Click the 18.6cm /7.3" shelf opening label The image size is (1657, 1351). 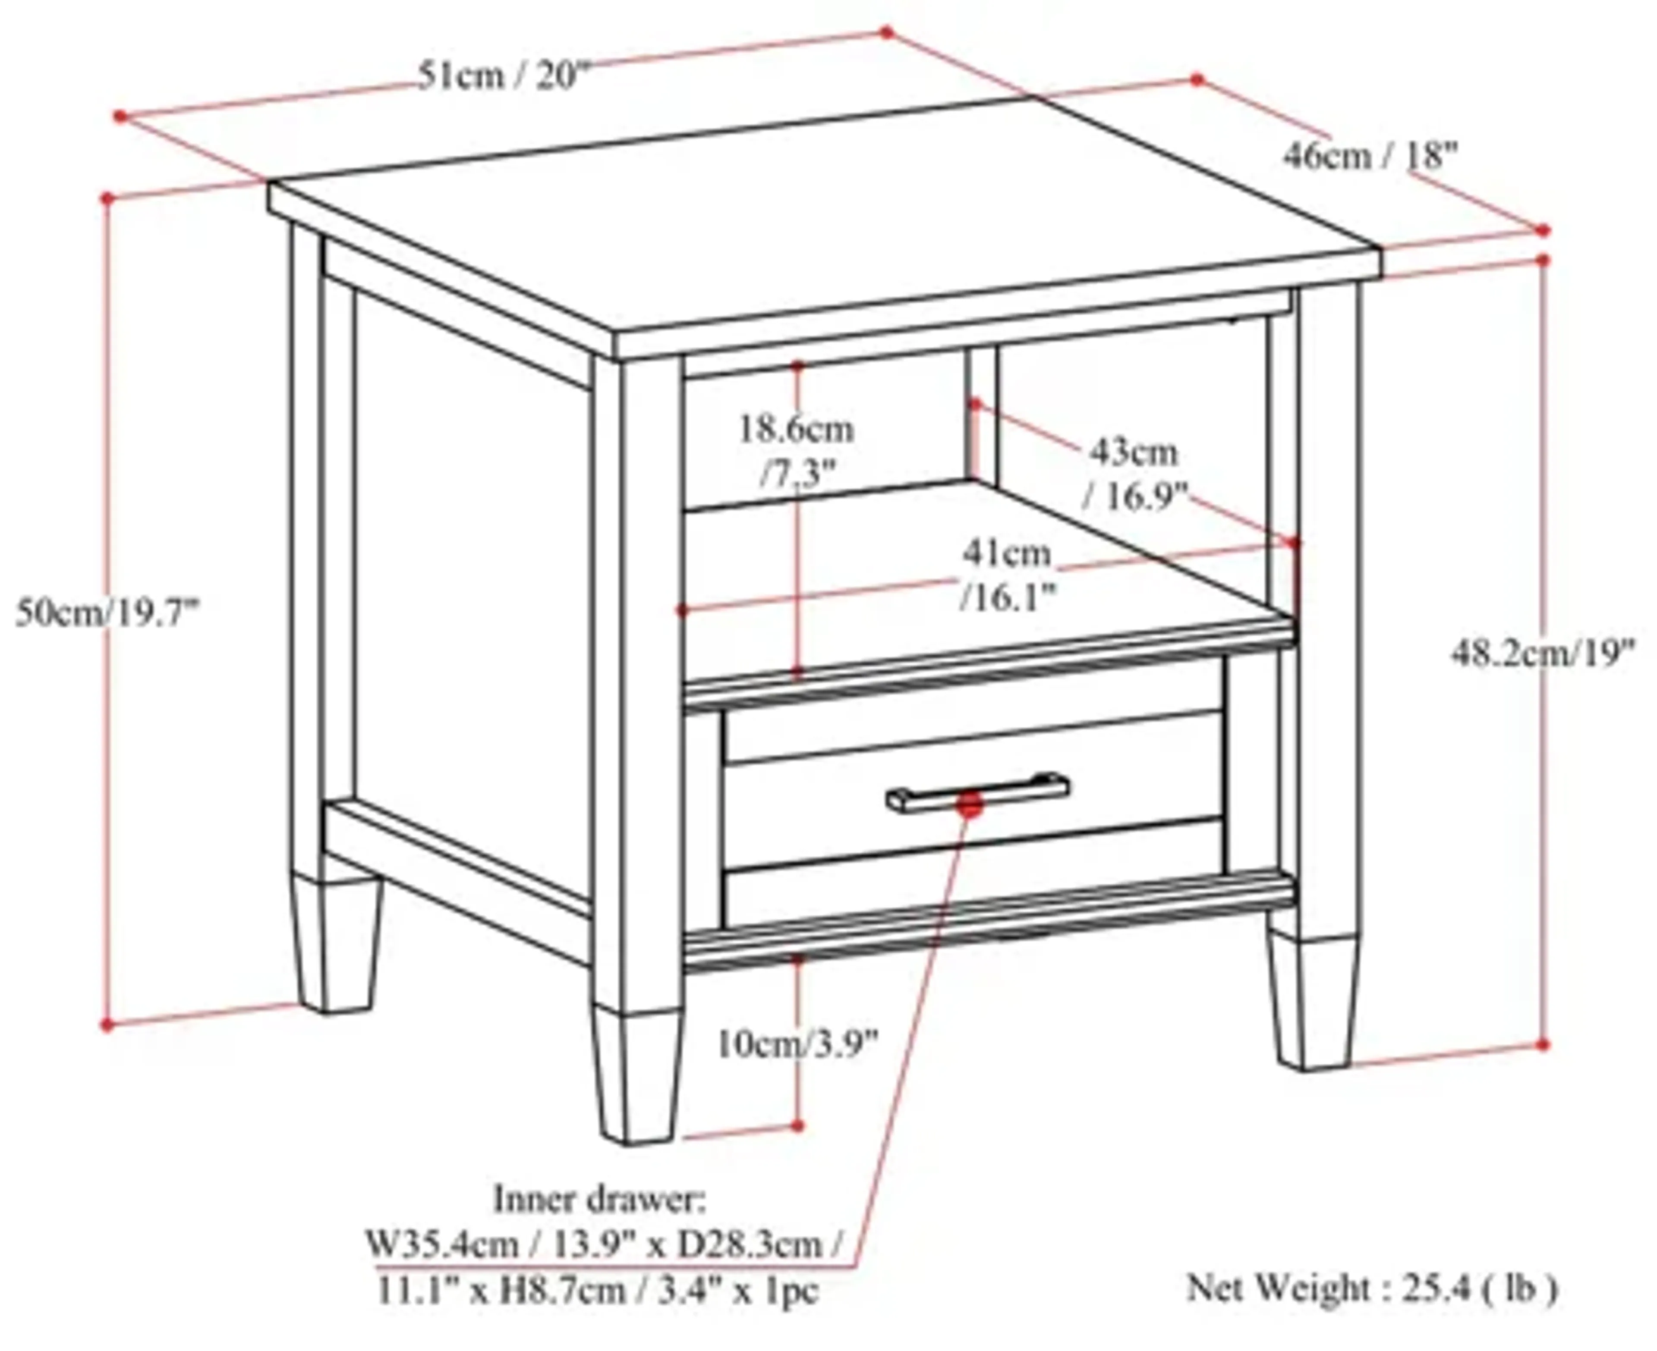tap(795, 451)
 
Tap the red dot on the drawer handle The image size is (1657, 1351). tap(970, 804)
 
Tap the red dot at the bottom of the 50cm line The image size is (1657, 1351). tap(107, 1026)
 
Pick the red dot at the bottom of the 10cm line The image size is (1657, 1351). tap(797, 1125)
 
